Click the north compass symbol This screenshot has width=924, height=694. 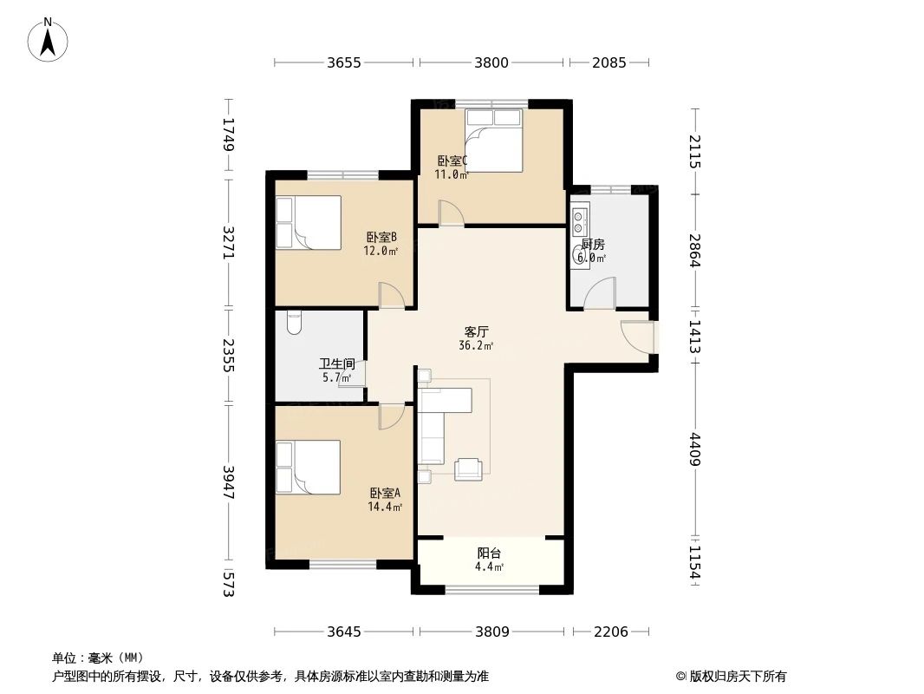point(49,39)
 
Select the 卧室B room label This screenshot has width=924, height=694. point(381,237)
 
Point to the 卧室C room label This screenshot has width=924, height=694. point(452,160)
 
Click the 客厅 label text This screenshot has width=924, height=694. point(477,331)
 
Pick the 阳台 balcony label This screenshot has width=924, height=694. point(489,553)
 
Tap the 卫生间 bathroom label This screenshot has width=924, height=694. point(336,364)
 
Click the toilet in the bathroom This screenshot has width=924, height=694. point(293,323)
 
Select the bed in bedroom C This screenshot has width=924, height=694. point(494,139)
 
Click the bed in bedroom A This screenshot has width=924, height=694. point(308,468)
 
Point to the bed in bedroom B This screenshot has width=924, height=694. point(308,223)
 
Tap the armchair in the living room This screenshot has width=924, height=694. point(469,468)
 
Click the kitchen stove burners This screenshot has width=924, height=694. point(580,216)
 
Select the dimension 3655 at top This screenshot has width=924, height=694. point(344,62)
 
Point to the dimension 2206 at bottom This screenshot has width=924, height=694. point(610,632)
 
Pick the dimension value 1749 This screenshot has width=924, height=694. point(229,135)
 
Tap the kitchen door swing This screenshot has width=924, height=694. point(599,295)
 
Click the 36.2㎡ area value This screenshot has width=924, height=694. point(476,345)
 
